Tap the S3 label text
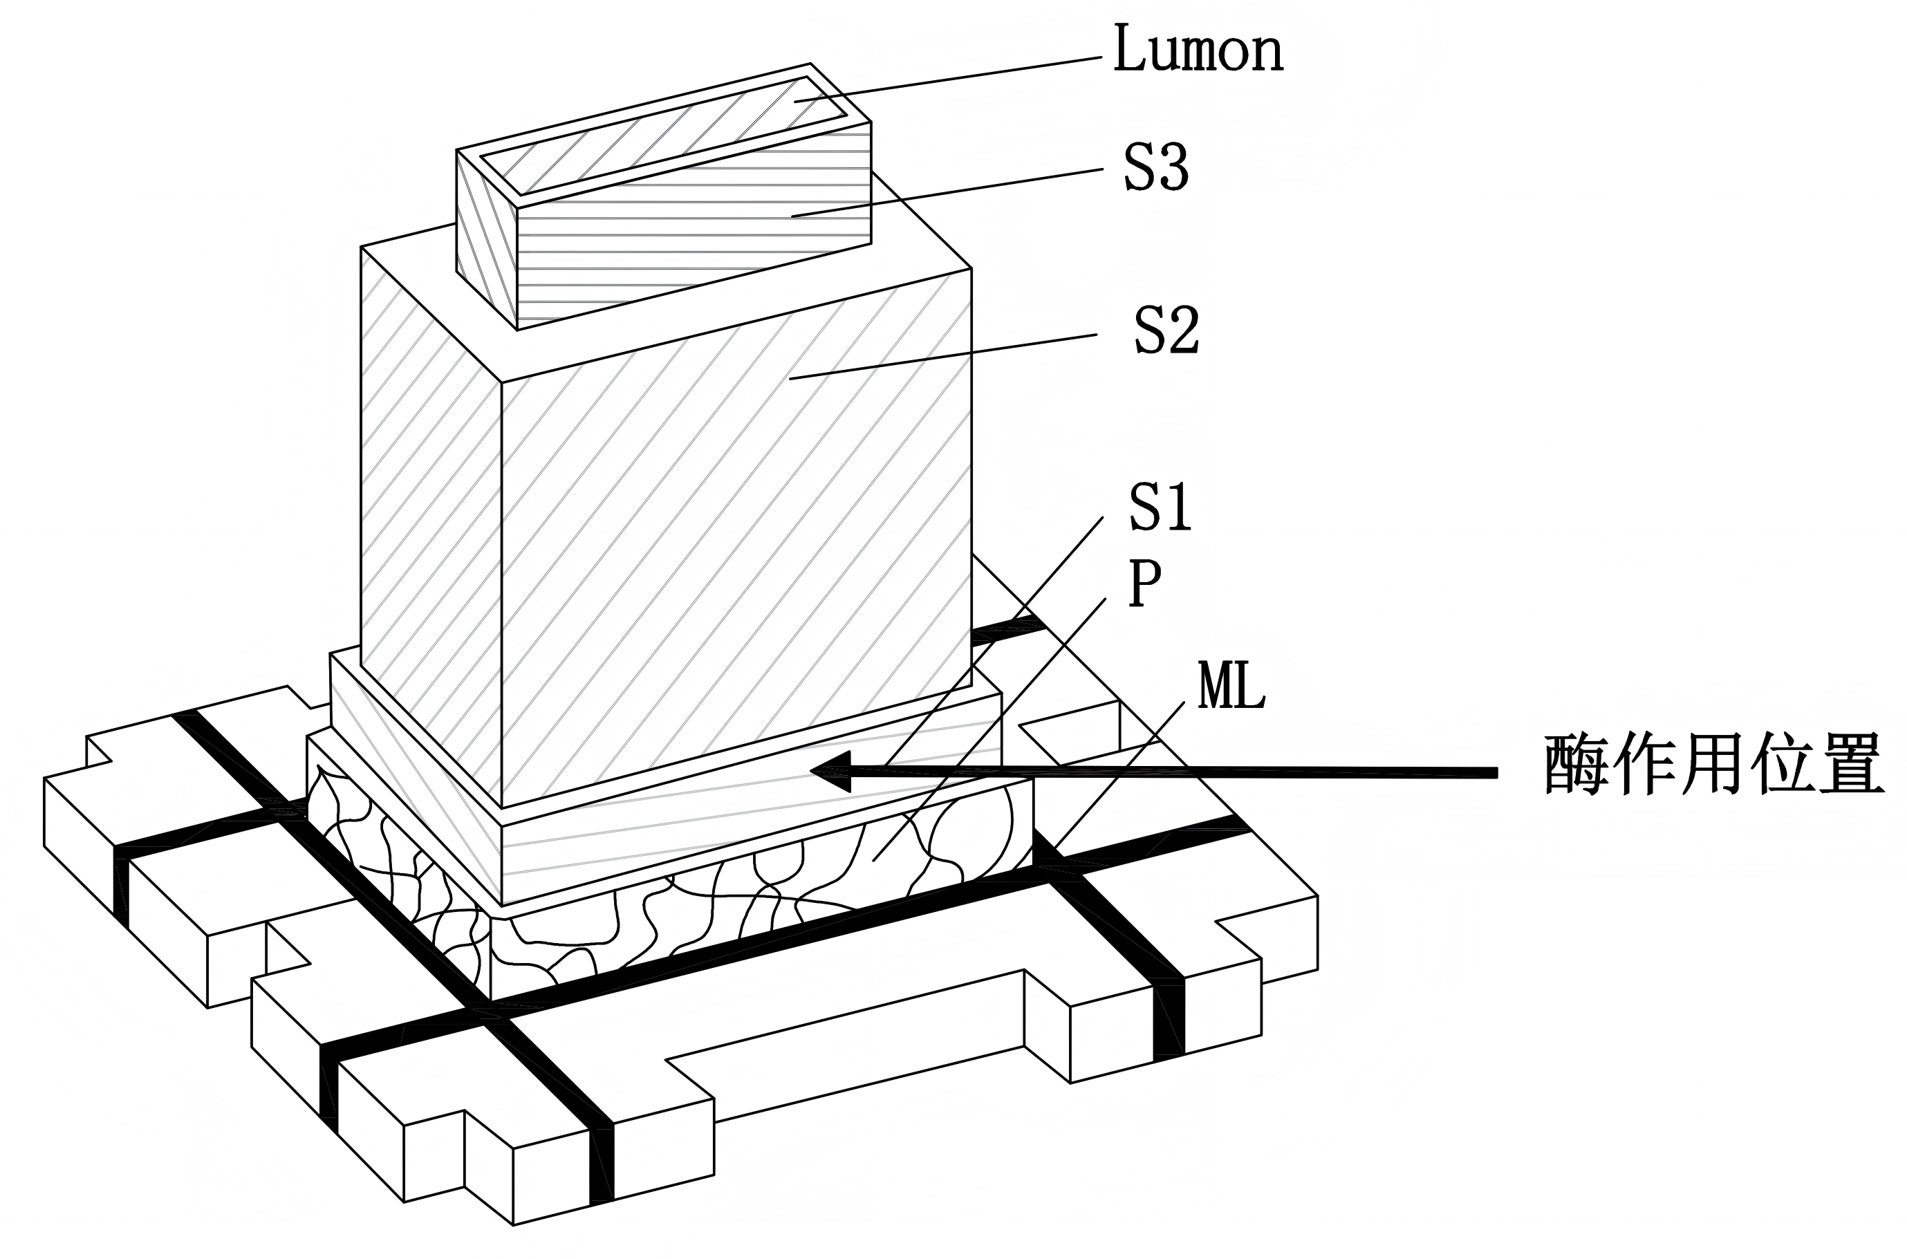tap(1155, 168)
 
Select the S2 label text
tap(1166, 330)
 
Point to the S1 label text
tap(1160, 507)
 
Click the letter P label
tap(1144, 584)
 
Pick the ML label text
tap(1230, 687)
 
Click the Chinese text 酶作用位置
tap(1713, 765)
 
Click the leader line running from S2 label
tap(947, 355)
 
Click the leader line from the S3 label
tap(947, 193)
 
